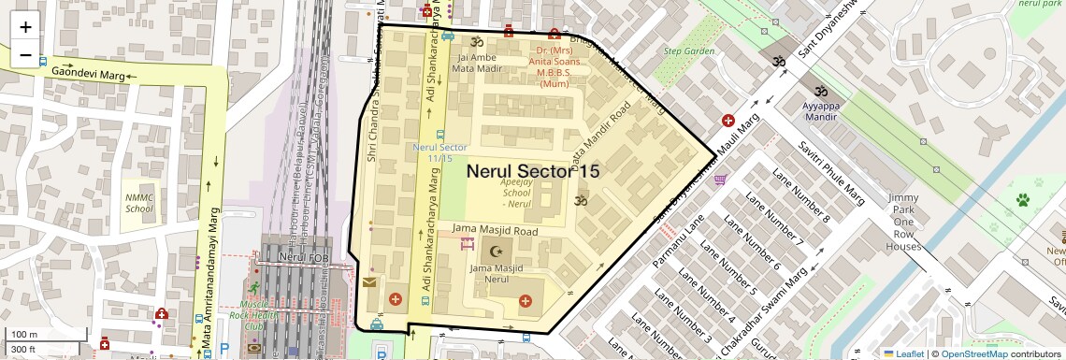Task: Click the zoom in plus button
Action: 25,26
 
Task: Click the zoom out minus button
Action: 25,55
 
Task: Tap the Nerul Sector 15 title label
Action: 532,171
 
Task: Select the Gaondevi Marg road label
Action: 89,71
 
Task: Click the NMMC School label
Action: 139,202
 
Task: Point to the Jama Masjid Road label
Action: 495,228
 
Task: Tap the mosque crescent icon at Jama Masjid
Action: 497,251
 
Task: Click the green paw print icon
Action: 1022,199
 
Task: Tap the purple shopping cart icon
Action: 720,179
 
